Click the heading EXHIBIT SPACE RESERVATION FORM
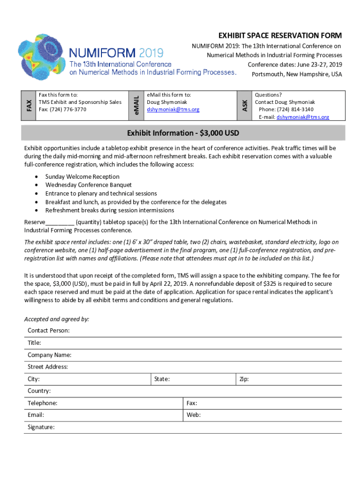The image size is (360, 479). pos(280,36)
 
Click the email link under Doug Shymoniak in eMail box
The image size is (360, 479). pos(173,109)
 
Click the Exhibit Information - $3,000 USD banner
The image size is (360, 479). pos(183,133)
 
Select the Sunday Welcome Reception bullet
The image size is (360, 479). pos(82,177)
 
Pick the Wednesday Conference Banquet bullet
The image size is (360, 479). pos(88,185)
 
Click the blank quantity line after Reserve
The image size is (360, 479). pos(60,223)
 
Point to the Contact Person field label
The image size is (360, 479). pos(49,331)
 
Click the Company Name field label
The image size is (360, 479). pos(50,355)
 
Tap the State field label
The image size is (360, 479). pos(162,379)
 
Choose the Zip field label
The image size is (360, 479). pos(244,379)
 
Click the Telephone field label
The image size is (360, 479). pos(43,403)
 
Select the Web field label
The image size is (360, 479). pos(193,415)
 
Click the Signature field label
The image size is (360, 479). pos(41,427)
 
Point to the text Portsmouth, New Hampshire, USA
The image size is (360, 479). pos(296,74)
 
